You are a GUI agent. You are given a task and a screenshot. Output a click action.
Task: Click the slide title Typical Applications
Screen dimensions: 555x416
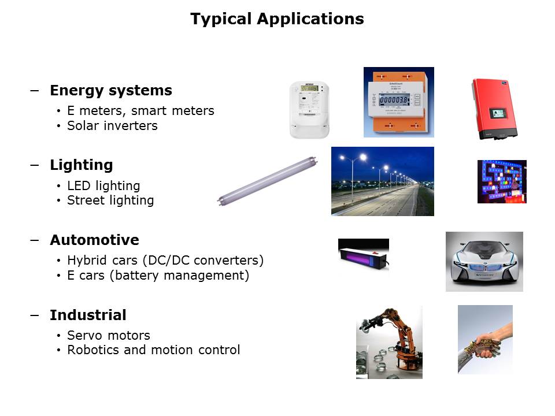(277, 18)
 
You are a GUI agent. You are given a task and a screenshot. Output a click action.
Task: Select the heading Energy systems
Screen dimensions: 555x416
(111, 91)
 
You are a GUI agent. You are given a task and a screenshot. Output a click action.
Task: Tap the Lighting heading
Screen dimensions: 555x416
(82, 165)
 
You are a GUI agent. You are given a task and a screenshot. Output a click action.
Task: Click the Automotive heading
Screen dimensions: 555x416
(94, 240)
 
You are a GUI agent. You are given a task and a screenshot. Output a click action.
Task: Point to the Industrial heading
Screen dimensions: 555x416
(88, 315)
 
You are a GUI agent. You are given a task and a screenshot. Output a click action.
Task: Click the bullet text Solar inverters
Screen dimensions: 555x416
(112, 125)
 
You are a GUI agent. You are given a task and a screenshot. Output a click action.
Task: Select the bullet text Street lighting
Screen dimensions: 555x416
(110, 200)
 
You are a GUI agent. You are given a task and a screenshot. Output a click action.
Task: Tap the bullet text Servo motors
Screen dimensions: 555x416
(109, 335)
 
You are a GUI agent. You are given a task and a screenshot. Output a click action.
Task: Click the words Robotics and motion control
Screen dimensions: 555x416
(154, 350)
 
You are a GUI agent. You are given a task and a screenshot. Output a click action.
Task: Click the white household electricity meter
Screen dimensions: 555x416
(309, 110)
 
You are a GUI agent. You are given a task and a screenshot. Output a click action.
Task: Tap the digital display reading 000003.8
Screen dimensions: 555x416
(394, 100)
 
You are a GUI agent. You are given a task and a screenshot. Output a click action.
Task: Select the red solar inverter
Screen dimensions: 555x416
(494, 109)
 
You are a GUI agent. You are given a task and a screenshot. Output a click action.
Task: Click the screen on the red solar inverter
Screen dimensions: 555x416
(497, 114)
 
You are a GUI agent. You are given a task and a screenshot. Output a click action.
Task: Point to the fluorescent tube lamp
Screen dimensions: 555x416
(267, 181)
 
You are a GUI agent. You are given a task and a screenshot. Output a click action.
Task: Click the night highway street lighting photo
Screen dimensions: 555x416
(383, 181)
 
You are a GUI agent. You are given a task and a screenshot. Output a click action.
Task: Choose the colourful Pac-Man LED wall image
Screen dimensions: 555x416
(502, 182)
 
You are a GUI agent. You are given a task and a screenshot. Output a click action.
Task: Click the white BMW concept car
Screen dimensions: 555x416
(484, 262)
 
